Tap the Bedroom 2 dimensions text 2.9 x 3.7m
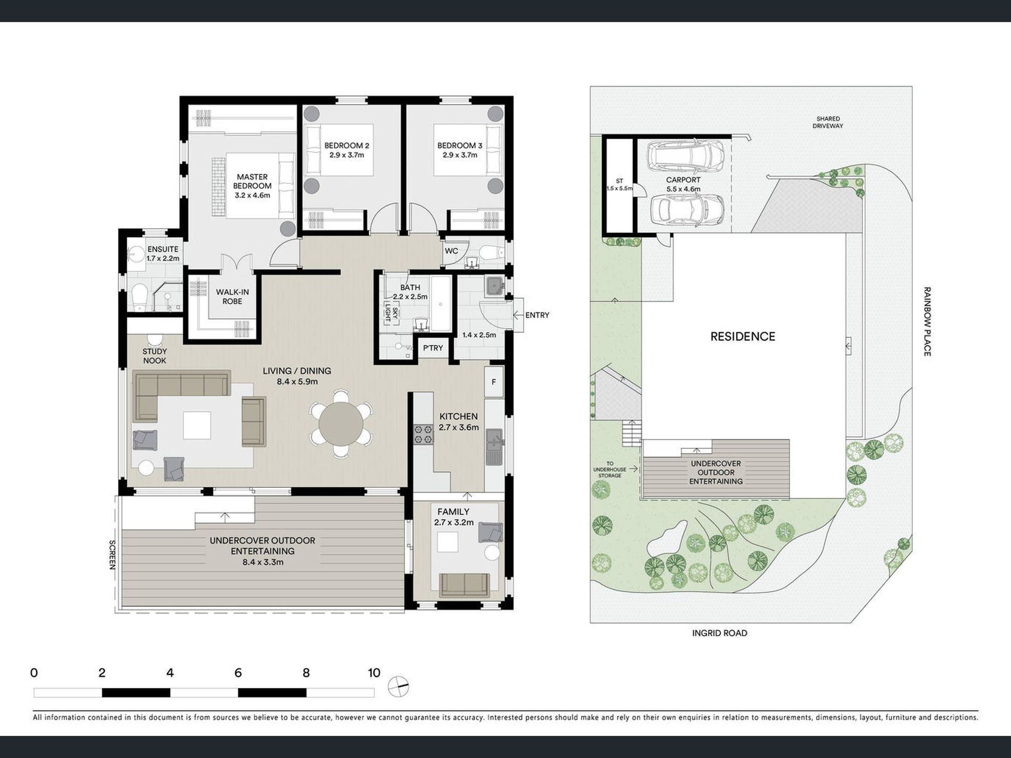coord(346,155)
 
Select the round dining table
coord(341,424)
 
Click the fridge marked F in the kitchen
coord(494,382)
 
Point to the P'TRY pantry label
coord(433,348)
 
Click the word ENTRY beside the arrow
coord(537,315)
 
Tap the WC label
coord(451,251)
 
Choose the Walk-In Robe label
coord(233,297)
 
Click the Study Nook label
coord(154,356)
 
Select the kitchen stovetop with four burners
coord(424,434)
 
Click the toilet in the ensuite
coord(139,296)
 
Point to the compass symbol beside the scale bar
coord(398,687)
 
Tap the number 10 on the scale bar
coord(374,673)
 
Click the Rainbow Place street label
coord(927,321)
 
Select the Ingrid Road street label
coord(719,633)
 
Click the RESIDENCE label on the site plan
coord(743,336)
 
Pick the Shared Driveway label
coord(828,122)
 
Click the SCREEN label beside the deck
coord(112,555)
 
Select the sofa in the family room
coord(465,586)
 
